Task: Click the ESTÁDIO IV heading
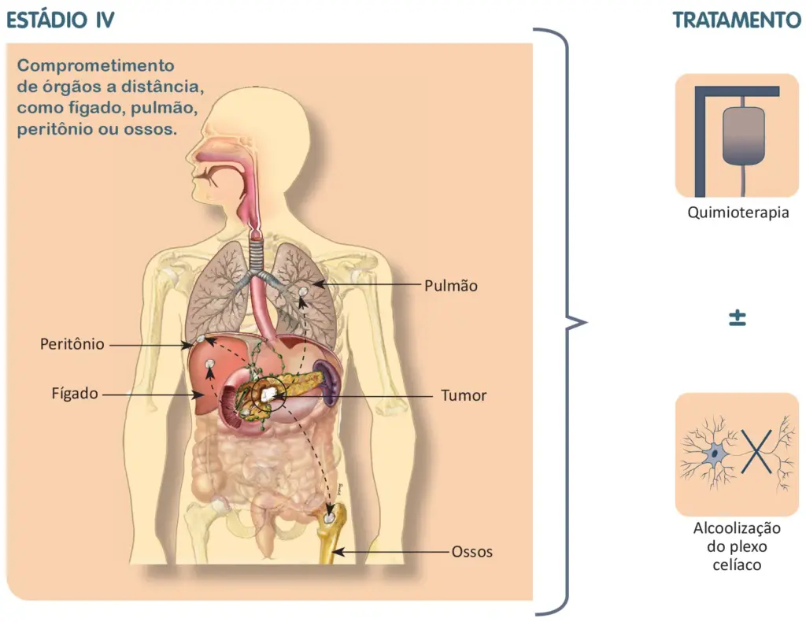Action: click(60, 20)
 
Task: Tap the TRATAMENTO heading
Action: click(737, 20)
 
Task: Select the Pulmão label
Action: click(451, 286)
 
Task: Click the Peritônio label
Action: click(72, 344)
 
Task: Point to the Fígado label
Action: click(75, 394)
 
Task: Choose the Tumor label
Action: click(464, 395)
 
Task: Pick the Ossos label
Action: click(472, 552)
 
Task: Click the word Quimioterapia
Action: click(738, 213)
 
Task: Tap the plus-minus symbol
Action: click(738, 317)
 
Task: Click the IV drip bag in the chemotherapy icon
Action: click(743, 136)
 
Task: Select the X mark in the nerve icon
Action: click(756, 452)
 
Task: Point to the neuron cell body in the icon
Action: click(714, 454)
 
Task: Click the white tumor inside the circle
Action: click(268, 394)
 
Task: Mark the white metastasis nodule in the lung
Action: click(303, 291)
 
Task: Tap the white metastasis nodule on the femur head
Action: click(329, 517)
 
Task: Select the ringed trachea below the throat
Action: click(256, 251)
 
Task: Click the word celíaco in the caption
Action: click(737, 565)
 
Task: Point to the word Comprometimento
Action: click(95, 66)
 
